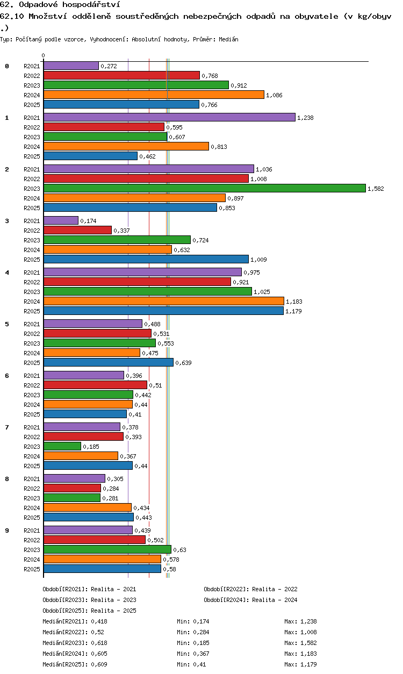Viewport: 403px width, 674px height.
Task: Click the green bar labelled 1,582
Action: (x=205, y=188)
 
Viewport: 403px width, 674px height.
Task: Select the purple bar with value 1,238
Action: (x=169, y=117)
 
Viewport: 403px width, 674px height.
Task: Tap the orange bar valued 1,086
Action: (x=154, y=95)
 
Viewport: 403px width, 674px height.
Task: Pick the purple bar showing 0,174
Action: (x=61, y=220)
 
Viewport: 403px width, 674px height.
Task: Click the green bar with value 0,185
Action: (x=62, y=446)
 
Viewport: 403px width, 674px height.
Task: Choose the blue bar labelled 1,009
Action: (x=146, y=259)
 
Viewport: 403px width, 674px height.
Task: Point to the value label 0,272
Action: (x=109, y=66)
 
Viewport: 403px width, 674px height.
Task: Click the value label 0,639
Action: (x=183, y=363)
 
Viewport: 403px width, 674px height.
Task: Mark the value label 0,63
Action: (x=179, y=550)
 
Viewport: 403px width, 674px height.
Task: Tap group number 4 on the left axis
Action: (x=7, y=273)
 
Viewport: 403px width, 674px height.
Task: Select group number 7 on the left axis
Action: (x=7, y=427)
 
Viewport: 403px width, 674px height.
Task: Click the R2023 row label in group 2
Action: (x=32, y=189)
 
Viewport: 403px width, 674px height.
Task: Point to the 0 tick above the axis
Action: (x=44, y=55)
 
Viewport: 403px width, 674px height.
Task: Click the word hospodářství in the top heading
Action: (x=91, y=4)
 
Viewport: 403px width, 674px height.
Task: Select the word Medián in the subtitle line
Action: (x=228, y=39)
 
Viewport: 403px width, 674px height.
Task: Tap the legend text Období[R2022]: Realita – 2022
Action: (x=250, y=589)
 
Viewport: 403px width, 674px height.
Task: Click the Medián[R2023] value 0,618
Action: (x=99, y=643)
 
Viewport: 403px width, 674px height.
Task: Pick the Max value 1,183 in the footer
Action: (x=308, y=654)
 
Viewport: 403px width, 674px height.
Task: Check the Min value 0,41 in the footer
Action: (x=199, y=664)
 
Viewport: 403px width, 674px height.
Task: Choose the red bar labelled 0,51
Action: (x=95, y=385)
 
